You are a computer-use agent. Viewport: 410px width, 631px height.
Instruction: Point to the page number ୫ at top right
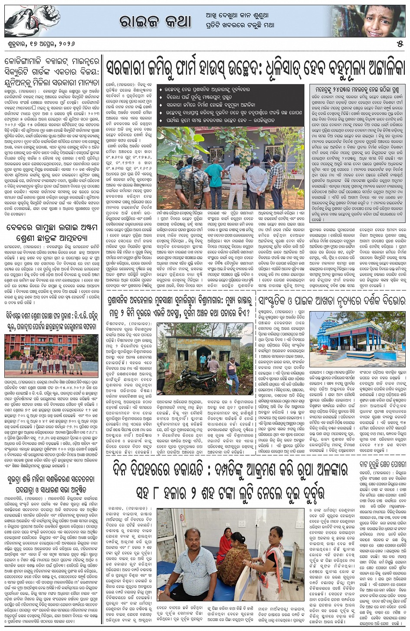coord(400,44)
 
